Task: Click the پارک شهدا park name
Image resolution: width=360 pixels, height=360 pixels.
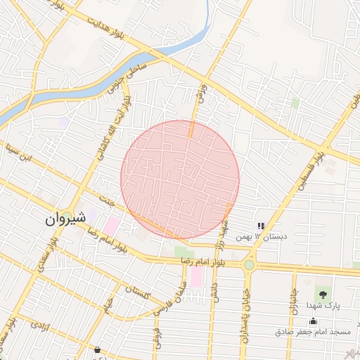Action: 323,307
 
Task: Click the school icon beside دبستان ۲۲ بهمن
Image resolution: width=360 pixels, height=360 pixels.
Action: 261,226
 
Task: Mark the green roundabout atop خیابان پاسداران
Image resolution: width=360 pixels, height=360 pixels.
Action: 249,265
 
